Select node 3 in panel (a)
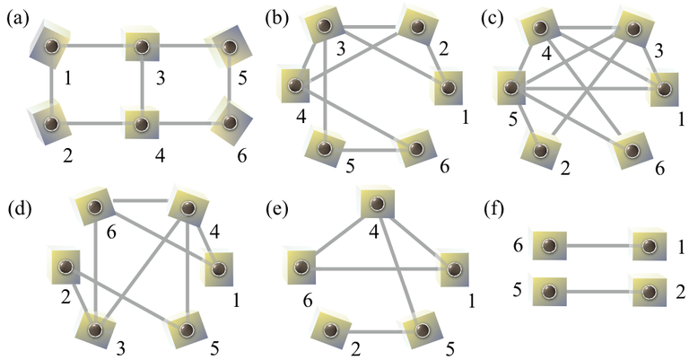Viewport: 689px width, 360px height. click(x=143, y=47)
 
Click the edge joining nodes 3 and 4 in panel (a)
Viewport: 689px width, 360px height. click(x=143, y=83)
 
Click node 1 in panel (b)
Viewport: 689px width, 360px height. click(x=445, y=89)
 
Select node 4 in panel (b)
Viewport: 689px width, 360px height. click(x=293, y=88)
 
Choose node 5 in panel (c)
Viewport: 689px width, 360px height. click(x=512, y=89)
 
